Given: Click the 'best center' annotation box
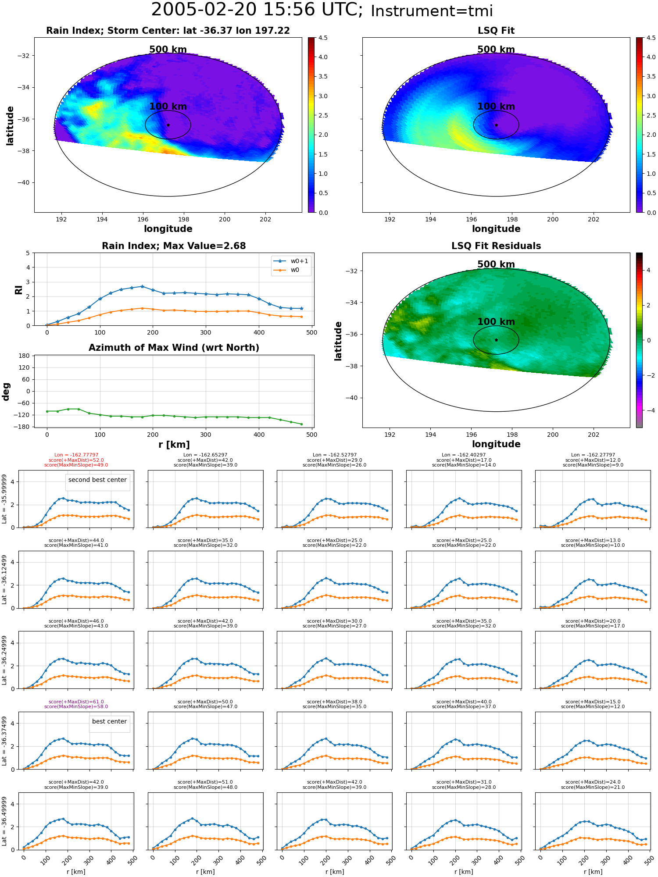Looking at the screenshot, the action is click(x=110, y=722).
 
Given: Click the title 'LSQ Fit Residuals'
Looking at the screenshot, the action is click(x=496, y=246).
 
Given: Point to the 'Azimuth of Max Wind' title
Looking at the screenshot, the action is click(x=174, y=348).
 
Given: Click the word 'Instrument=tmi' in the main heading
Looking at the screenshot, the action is click(x=432, y=11).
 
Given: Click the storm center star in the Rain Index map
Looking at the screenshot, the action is click(x=168, y=125).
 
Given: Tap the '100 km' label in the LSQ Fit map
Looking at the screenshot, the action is click(x=496, y=107).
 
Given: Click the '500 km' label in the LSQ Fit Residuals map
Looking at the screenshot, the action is click(x=496, y=264).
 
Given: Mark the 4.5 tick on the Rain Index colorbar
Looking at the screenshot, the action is click(x=323, y=38).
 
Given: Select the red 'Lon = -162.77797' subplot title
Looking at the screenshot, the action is click(x=76, y=455).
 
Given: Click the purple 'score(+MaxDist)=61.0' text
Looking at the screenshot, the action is click(x=76, y=702).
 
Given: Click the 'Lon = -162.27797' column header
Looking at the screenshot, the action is click(x=593, y=455).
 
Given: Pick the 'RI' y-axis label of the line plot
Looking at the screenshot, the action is click(x=19, y=289).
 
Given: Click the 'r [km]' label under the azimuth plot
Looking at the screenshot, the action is click(x=174, y=445).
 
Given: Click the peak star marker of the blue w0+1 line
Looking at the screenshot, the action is click(x=142, y=286).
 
